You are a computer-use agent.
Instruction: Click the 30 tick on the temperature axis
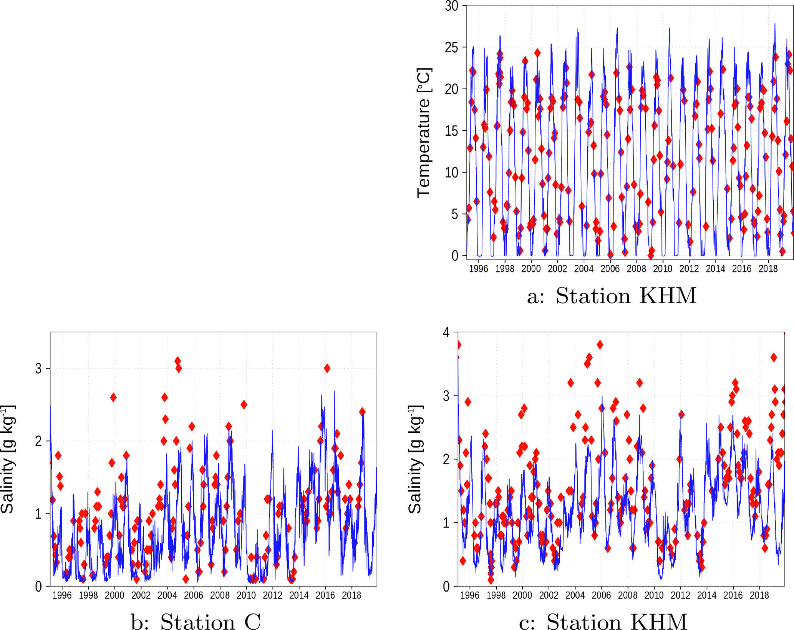click(452, 6)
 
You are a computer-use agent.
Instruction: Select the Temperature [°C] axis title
click(424, 133)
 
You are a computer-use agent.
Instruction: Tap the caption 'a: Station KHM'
click(612, 296)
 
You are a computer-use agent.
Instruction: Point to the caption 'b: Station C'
click(196, 621)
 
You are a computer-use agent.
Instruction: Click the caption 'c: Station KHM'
click(603, 621)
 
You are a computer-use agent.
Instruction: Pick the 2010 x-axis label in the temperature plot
click(663, 269)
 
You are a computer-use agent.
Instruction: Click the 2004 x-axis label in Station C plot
click(167, 595)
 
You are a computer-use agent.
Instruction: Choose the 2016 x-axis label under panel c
click(733, 595)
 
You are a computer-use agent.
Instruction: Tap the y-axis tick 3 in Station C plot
click(38, 369)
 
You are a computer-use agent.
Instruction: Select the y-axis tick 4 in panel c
click(446, 332)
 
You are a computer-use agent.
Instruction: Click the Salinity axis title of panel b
click(7, 459)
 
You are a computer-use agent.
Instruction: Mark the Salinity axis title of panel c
click(415, 459)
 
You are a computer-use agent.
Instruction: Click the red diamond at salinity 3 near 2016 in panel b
click(327, 368)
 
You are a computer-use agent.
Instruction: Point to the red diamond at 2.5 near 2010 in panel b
click(244, 404)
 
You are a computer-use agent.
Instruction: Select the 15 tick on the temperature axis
click(452, 131)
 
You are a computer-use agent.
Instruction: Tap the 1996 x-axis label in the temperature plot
click(478, 269)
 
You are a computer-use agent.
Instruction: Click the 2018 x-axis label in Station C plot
click(351, 595)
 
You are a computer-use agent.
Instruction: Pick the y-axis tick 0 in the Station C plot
click(38, 587)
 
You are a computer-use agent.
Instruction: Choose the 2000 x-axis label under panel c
click(522, 595)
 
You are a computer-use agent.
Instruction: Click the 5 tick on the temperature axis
click(455, 214)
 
